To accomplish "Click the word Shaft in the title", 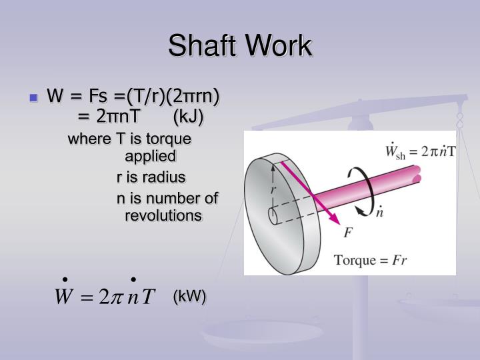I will coord(203,46).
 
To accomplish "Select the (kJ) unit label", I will coord(188,117).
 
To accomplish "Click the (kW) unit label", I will coord(189,297).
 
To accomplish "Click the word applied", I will coord(151,157).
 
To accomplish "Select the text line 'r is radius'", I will coord(151,177).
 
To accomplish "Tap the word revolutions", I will coord(163,216).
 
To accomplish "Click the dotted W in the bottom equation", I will coord(64,295).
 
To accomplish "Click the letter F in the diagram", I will coord(347,233).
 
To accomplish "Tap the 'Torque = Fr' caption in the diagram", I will coord(370,259).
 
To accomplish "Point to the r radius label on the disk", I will coord(273,189).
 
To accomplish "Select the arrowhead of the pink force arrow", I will coord(336,220).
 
